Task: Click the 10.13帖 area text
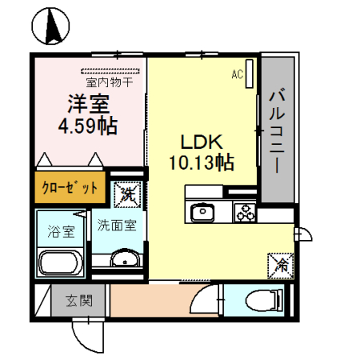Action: click(201, 163)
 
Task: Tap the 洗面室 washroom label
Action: click(117, 226)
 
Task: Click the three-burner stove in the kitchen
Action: click(243, 213)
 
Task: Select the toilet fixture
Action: click(265, 301)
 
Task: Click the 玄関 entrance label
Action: click(79, 302)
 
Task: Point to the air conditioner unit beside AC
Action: click(250, 75)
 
